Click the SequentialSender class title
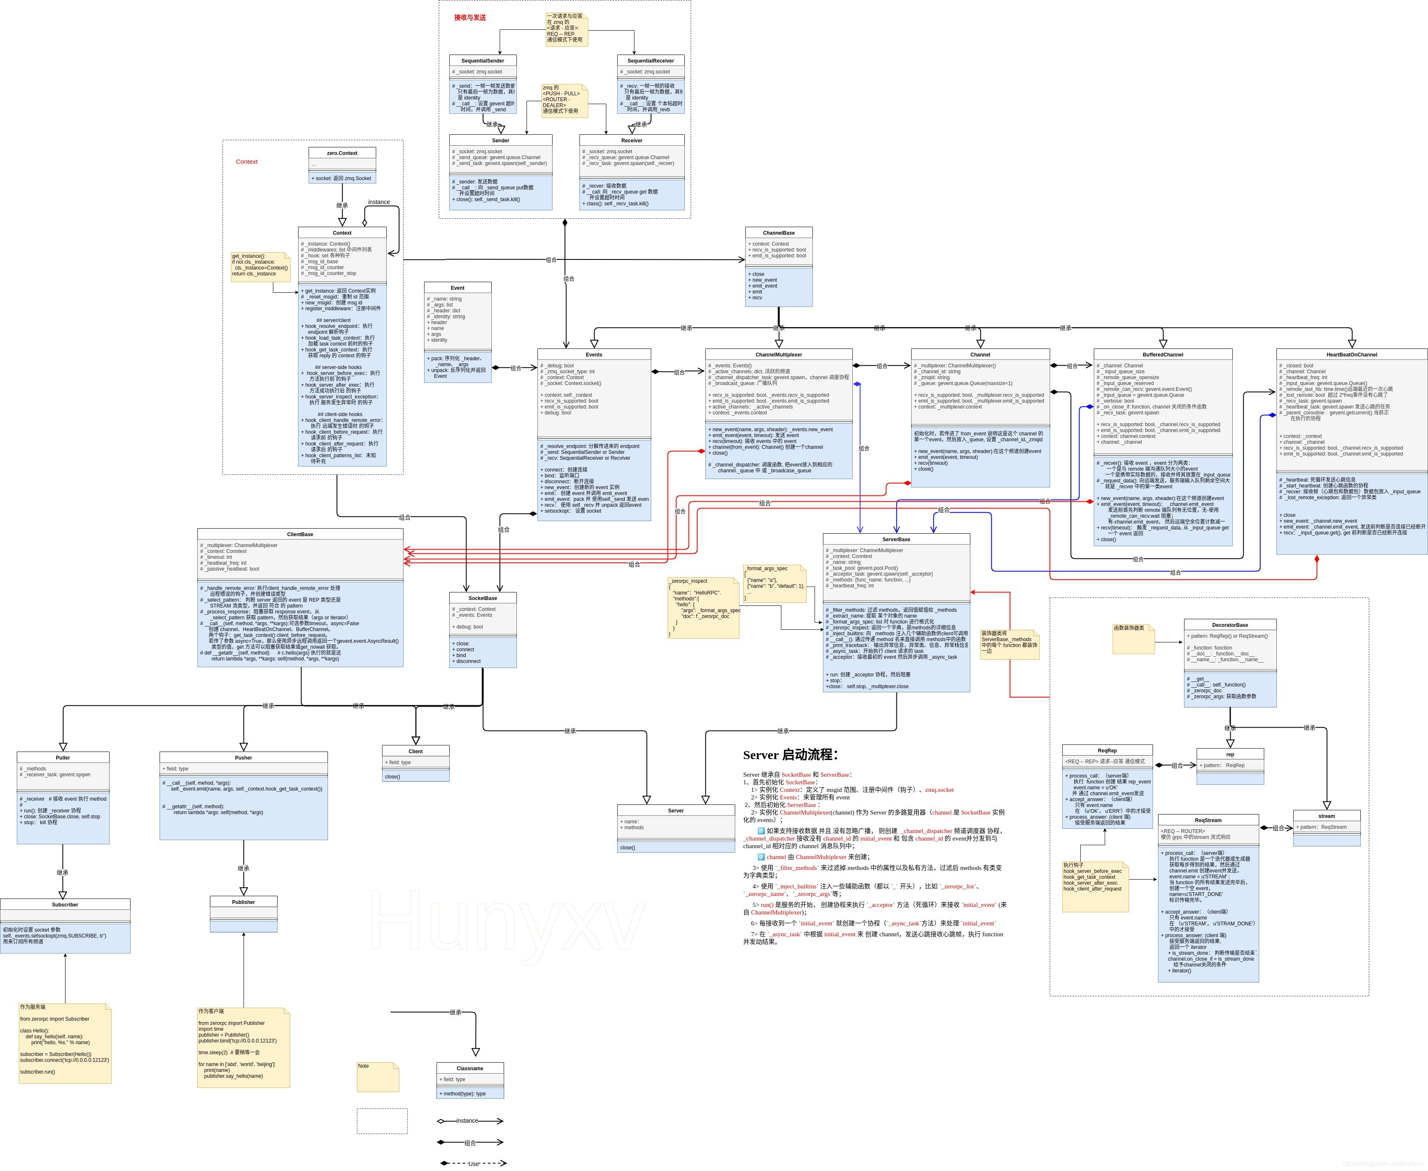[482, 61]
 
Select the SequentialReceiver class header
[650, 61]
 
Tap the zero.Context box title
[342, 153]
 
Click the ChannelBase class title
[778, 233]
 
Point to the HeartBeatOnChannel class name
[1351, 355]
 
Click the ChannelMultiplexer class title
[778, 355]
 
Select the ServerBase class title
[896, 540]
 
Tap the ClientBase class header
[300, 534]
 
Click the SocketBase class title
[482, 598]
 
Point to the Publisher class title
[244, 902]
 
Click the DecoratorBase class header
[1230, 625]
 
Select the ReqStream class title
[1208, 820]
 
